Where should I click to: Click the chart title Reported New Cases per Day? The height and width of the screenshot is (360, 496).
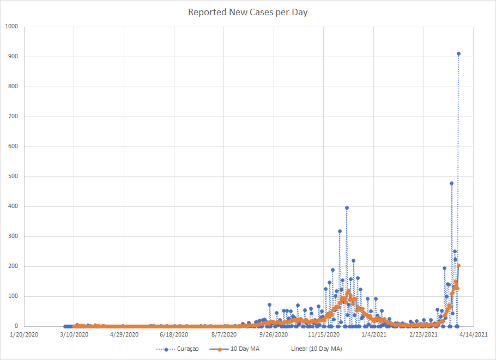248,12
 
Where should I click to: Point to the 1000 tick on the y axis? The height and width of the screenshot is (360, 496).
11,27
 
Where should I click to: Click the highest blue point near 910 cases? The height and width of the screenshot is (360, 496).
458,54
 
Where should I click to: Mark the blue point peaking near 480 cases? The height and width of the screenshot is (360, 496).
451,184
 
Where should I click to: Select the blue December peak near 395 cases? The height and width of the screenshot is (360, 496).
347,208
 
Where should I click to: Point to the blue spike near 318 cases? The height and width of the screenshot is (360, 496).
340,231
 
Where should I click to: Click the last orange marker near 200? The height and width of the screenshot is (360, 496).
458,266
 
